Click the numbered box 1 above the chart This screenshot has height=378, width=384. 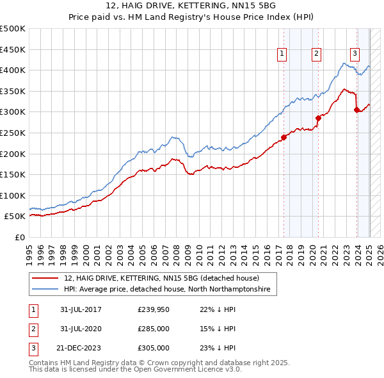(282, 54)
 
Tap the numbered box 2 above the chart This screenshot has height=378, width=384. (316, 54)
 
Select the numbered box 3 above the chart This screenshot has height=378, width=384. (355, 54)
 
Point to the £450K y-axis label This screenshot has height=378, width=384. (13, 49)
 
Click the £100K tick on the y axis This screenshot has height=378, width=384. (13, 195)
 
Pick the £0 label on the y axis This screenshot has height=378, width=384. (20, 237)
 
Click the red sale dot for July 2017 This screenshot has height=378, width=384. (284, 136)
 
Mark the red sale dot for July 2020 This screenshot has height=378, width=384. (318, 118)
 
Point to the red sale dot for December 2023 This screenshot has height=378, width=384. (356, 110)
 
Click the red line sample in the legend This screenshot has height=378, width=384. (46, 279)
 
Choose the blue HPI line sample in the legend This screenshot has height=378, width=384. (46, 290)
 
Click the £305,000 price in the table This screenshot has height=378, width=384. (154, 349)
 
